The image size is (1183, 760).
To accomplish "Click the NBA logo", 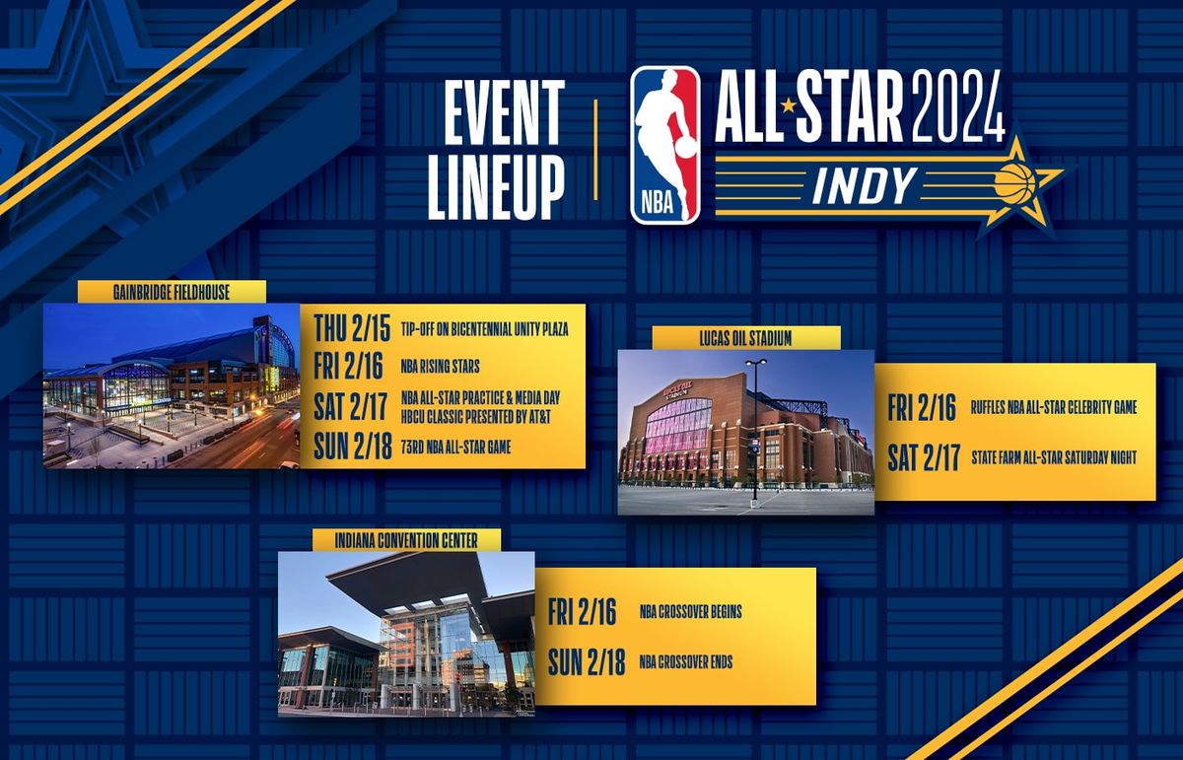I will (665, 145).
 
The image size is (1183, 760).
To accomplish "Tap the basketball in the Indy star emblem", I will (1014, 182).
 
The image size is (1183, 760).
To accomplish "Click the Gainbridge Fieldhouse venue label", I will (172, 292).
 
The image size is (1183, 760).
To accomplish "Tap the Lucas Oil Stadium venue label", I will (746, 338).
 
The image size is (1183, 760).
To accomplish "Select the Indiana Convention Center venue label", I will (407, 540).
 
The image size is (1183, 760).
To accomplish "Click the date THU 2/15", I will (352, 326).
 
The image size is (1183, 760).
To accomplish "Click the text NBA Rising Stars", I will (441, 367).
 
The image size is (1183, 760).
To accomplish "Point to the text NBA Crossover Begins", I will (690, 612).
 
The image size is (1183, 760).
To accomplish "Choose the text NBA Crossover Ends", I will (685, 662).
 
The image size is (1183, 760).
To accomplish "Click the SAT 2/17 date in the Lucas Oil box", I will (924, 457).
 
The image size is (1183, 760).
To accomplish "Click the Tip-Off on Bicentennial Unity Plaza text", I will (484, 327).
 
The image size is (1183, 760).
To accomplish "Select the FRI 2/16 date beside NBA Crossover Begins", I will (583, 611).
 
